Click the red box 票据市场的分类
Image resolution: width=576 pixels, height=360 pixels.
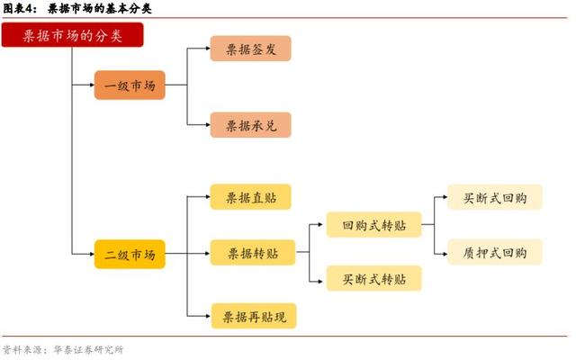(72, 35)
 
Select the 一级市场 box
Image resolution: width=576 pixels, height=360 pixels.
(130, 85)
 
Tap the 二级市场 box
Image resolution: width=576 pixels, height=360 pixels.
(130, 254)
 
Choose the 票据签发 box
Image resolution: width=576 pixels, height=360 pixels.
(250, 49)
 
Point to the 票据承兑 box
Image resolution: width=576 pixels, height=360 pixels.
(250, 125)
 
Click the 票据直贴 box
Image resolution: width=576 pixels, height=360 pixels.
(250, 197)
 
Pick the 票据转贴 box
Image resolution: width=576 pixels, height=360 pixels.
(253, 253)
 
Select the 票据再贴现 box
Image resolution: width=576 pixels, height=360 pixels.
(254, 316)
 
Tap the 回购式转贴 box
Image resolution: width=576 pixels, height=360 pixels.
(374, 225)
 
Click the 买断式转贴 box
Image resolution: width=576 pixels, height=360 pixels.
(374, 278)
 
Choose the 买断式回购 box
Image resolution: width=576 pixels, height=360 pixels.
(495, 197)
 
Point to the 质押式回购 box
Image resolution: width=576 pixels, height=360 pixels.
(495, 252)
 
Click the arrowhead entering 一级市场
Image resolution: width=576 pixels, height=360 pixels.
(92, 85)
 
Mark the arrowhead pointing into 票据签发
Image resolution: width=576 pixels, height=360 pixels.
(208, 48)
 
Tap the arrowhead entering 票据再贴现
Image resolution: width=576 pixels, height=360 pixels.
(208, 316)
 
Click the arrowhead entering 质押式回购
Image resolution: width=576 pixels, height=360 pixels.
(445, 254)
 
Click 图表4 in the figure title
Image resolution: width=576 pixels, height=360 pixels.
(18, 8)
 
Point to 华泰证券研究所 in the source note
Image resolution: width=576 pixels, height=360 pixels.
(88, 350)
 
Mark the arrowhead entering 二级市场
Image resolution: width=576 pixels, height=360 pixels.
(92, 254)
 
